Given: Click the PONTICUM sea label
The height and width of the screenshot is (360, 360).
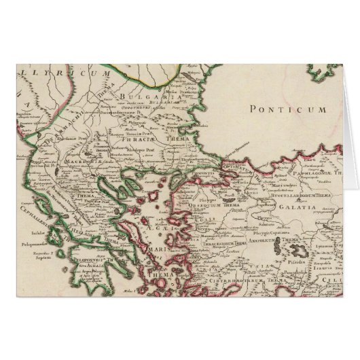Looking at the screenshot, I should (288, 109).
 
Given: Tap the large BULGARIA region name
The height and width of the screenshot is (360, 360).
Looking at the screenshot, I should (141, 99).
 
